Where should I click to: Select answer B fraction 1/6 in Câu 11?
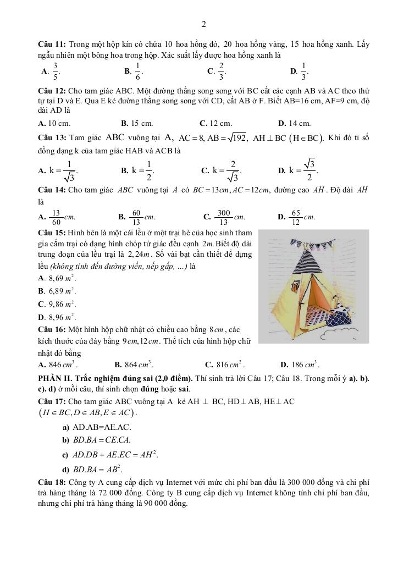coord(135,71)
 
